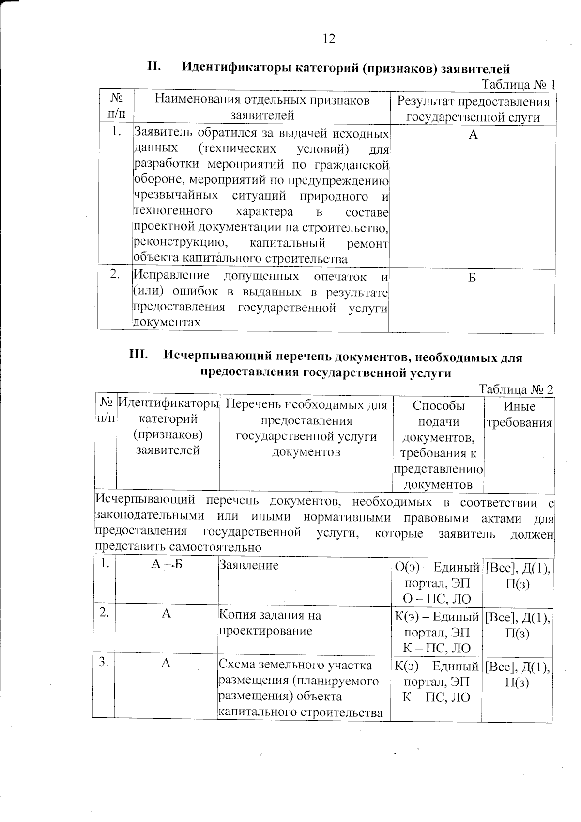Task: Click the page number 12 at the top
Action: (329, 39)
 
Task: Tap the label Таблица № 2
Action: (516, 389)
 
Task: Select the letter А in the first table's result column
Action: (473, 135)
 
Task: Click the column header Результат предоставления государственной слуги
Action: (473, 109)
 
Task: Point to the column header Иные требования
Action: (519, 415)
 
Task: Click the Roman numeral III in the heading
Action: (138, 355)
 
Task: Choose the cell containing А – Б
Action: (167, 565)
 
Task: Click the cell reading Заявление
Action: (249, 565)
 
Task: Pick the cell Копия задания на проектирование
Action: (270, 623)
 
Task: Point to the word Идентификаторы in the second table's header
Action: (168, 403)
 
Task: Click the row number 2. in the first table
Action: (115, 275)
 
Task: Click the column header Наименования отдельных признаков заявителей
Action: (262, 108)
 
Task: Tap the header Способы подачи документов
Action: (438, 421)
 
